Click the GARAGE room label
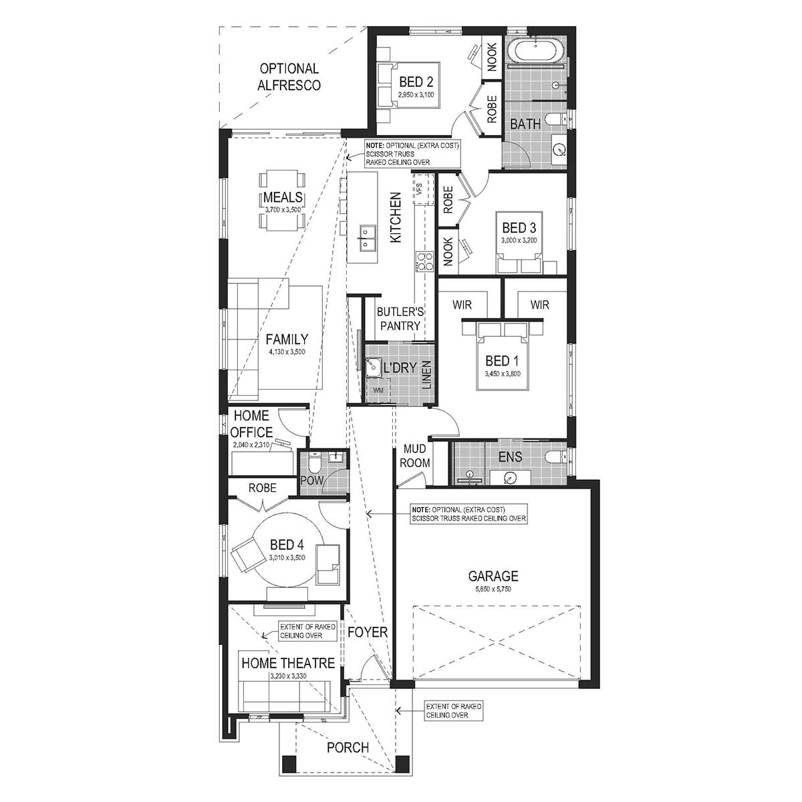[493, 575]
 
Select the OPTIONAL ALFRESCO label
[289, 77]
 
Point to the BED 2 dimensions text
[416, 96]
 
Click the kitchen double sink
[367, 237]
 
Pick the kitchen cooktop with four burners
[424, 261]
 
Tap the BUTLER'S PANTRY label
[400, 319]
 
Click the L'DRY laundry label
[400, 368]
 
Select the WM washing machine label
[378, 390]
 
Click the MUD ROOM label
[414, 456]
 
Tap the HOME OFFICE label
[253, 424]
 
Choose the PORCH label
[348, 747]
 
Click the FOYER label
[368, 632]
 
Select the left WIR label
[462, 305]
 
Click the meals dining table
[283, 199]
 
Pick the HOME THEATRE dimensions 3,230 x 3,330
[288, 676]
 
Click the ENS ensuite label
[509, 458]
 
